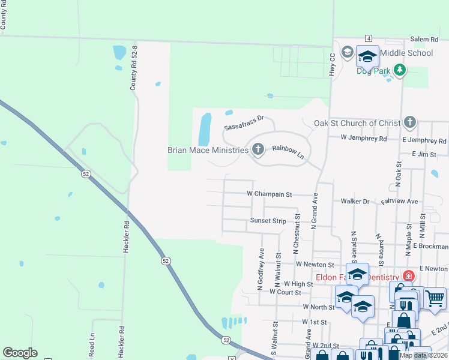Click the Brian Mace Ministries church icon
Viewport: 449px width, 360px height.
point(258,149)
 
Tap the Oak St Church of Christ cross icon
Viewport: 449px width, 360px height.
point(409,123)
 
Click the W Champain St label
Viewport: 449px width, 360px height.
point(269,194)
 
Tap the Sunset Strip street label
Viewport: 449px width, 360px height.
point(268,221)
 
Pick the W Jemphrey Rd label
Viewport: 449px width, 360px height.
point(364,138)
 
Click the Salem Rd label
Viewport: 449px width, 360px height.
point(424,39)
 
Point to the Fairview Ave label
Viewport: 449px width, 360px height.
point(399,202)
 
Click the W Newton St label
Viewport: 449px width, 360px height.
point(315,264)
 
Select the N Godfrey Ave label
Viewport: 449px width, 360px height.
point(261,270)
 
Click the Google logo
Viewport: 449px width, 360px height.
point(20,353)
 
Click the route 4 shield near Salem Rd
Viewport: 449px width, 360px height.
point(368,38)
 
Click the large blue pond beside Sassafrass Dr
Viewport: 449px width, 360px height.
point(205,128)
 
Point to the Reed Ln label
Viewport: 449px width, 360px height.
point(92,345)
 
